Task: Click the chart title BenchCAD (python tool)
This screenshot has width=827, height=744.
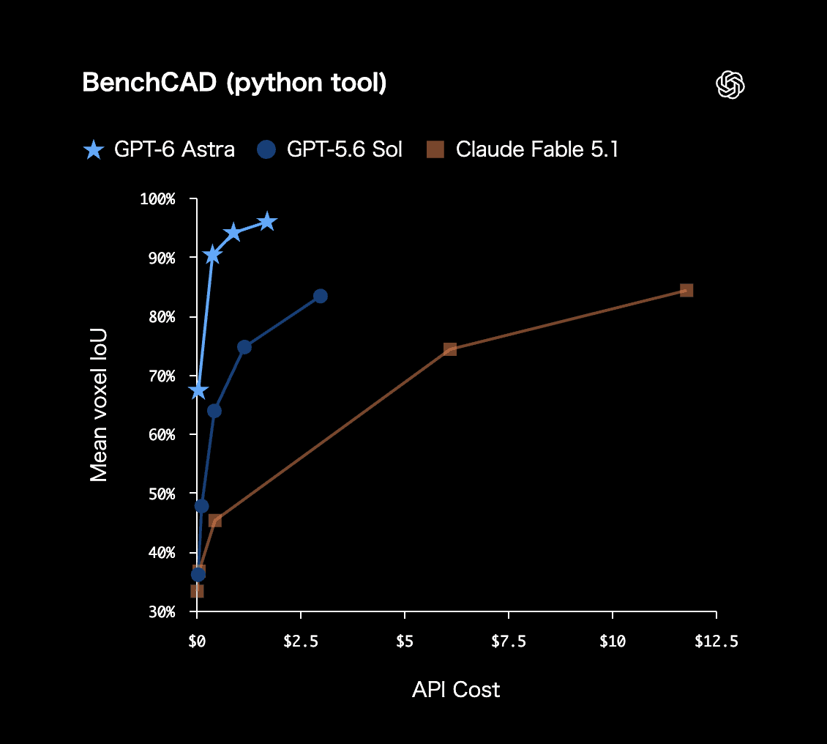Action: tap(234, 83)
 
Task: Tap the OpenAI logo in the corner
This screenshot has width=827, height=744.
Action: tap(730, 84)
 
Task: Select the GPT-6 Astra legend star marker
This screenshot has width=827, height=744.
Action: tap(94, 150)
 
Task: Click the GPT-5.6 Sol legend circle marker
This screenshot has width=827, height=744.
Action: tap(266, 149)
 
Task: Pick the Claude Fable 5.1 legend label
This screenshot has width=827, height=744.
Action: tap(537, 149)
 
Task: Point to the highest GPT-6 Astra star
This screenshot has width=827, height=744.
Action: tap(267, 222)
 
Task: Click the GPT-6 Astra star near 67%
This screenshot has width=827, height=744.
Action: tap(198, 390)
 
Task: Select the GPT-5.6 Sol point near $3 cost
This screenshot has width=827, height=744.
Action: tap(320, 296)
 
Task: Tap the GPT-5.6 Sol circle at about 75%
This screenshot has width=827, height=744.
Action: tap(244, 346)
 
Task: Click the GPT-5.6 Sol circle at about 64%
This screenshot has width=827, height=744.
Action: tap(214, 411)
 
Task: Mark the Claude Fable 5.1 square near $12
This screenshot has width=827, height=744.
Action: tap(686, 290)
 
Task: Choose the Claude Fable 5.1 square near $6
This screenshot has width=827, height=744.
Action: tap(450, 349)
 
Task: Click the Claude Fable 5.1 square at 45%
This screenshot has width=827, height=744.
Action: tap(214, 521)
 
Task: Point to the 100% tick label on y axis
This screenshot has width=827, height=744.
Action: tap(157, 199)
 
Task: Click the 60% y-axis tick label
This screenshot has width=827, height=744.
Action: tap(162, 435)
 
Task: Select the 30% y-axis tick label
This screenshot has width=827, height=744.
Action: tap(162, 612)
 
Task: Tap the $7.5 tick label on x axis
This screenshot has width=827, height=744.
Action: tap(509, 641)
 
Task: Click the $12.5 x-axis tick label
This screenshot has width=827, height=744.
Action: tap(716, 641)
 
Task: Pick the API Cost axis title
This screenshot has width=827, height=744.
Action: tap(456, 690)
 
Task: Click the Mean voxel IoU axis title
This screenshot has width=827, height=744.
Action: tap(99, 405)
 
